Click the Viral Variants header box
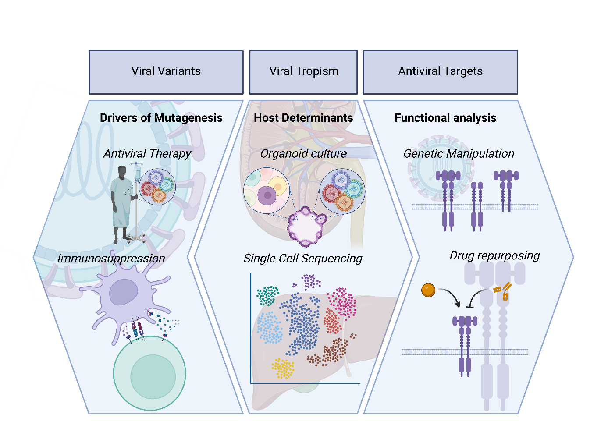(x=166, y=72)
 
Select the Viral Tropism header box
(x=303, y=72)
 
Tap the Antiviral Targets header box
(x=440, y=72)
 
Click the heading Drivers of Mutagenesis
(x=161, y=118)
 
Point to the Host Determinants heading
(x=303, y=118)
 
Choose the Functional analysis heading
(x=445, y=118)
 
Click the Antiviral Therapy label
(x=147, y=154)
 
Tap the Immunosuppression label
(x=111, y=259)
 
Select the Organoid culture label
(x=303, y=154)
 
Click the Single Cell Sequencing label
(x=303, y=259)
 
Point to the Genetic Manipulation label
(x=459, y=154)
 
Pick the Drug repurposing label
(x=494, y=255)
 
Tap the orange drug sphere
(x=428, y=290)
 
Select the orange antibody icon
(x=503, y=291)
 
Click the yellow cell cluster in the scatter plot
(x=283, y=368)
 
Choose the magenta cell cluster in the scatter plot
(x=342, y=301)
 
